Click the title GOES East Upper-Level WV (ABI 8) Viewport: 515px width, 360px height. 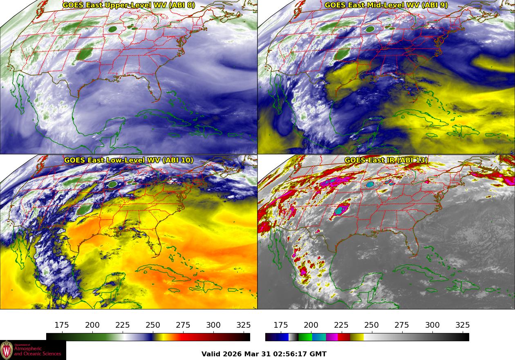click(129, 5)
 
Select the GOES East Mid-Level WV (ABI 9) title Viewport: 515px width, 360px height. click(386, 5)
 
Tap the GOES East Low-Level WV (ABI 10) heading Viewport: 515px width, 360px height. click(129, 160)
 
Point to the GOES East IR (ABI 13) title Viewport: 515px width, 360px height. click(386, 160)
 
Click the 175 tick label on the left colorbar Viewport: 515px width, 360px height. click(62, 325)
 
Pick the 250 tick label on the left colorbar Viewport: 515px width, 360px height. click(153, 325)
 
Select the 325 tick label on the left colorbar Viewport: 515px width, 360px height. click(244, 325)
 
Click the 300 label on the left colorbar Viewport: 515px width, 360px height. click(213, 325)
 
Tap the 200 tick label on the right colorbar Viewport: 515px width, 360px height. click(311, 325)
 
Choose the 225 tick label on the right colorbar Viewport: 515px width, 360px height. click(341, 325)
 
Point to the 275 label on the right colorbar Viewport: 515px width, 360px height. click(402, 325)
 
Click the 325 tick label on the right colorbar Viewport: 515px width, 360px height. click(463, 325)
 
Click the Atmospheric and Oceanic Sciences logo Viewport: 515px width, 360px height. click(33, 350)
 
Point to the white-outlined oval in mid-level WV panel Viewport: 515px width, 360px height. click(370, 29)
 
